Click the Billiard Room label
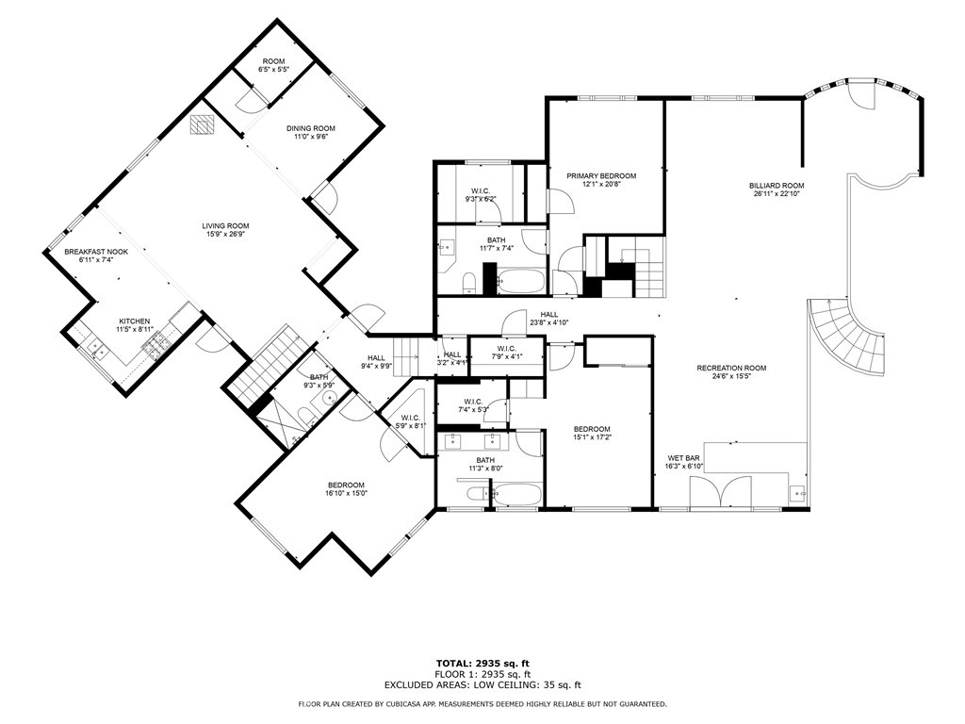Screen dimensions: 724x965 pyautogui.click(x=777, y=186)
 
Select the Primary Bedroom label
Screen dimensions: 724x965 pyautogui.click(x=600, y=175)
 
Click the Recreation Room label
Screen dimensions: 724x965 pyautogui.click(x=731, y=368)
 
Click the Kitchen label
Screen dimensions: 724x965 pyautogui.click(x=135, y=321)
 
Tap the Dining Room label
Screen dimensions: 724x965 pyautogui.click(x=310, y=128)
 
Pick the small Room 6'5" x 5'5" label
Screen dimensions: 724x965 pyautogui.click(x=273, y=61)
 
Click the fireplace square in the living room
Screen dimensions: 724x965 pyautogui.click(x=201, y=124)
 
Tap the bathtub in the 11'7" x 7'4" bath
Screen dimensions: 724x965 pyautogui.click(x=521, y=281)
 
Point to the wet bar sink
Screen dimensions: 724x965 pyautogui.click(x=797, y=491)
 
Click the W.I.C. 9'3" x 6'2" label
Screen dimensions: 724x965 pyautogui.click(x=480, y=190)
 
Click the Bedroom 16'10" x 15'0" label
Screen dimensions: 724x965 pyautogui.click(x=346, y=485)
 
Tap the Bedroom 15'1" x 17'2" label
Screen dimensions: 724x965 pyautogui.click(x=592, y=428)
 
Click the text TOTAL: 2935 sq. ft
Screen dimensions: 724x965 pyautogui.click(x=482, y=662)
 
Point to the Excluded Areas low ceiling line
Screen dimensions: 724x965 pyautogui.click(x=482, y=685)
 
